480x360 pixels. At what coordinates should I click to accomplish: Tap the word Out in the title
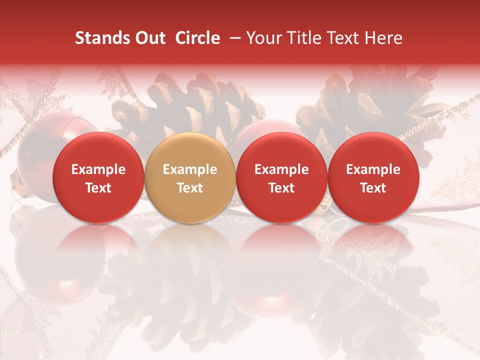[149, 38]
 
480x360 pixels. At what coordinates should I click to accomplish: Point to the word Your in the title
[263, 38]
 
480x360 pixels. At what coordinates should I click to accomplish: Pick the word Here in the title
[385, 38]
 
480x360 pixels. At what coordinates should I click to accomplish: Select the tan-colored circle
[190, 177]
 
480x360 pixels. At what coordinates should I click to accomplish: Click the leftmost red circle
[98, 177]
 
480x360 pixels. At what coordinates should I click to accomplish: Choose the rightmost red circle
[373, 177]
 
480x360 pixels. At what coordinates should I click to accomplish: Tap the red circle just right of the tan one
[281, 177]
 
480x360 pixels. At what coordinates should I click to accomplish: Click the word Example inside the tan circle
[190, 169]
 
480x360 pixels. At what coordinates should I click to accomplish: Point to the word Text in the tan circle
[190, 188]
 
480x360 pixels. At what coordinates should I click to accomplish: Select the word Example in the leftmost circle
[98, 169]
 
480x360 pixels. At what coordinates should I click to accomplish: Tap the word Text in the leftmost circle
[98, 188]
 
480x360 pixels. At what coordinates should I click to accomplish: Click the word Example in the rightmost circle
[373, 169]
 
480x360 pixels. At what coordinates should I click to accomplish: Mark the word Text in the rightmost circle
[373, 188]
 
